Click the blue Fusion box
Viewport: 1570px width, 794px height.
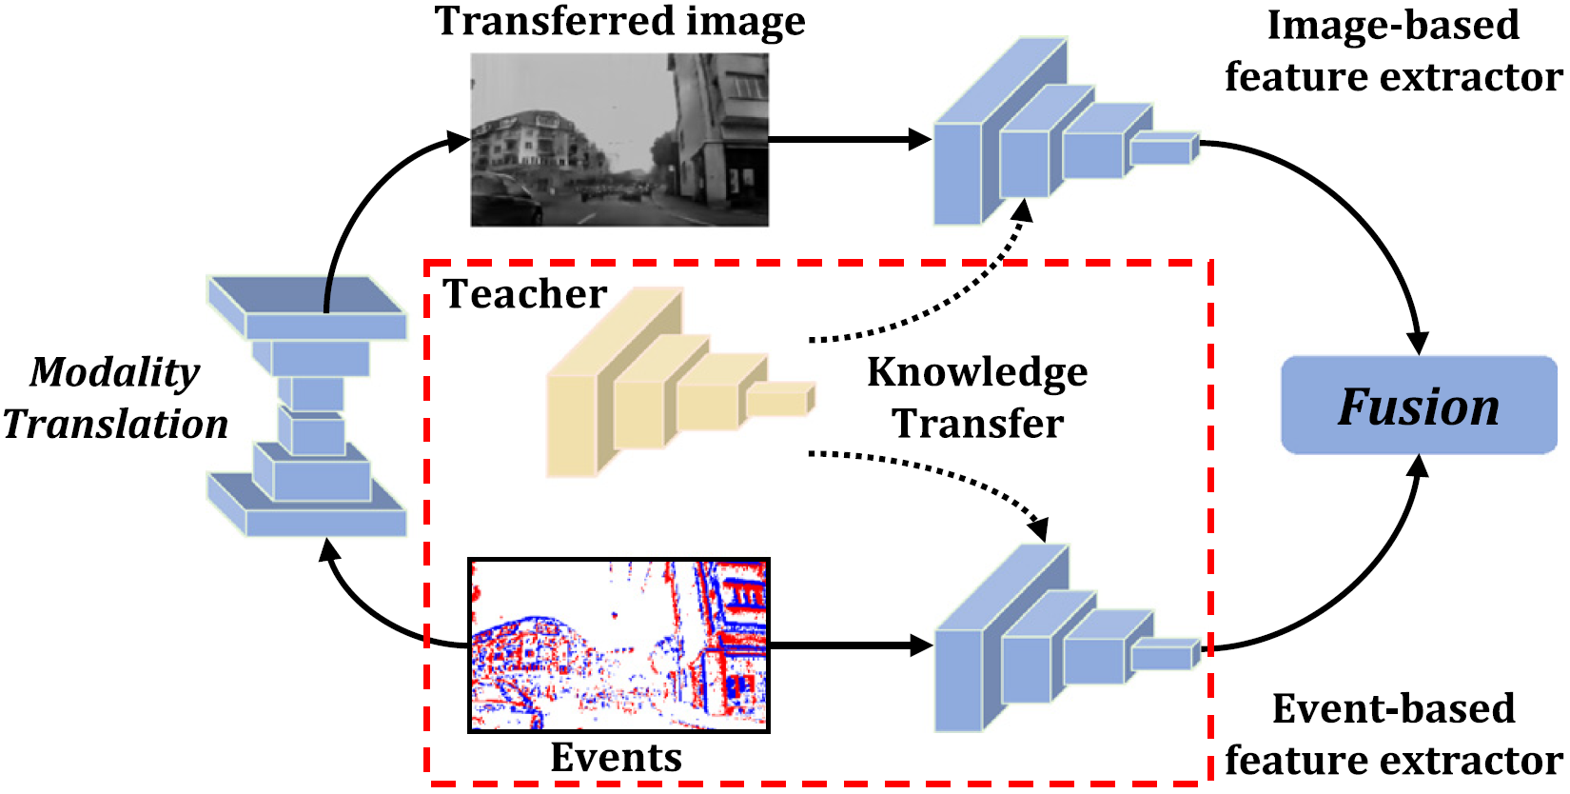coord(1418,406)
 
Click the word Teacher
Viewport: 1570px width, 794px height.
coord(525,294)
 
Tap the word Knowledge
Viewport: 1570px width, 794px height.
coord(977,372)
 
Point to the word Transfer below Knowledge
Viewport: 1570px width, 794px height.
coord(977,424)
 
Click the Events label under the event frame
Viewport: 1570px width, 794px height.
coord(617,758)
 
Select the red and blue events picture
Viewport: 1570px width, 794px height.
coord(618,645)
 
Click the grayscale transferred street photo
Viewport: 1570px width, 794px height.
coord(619,139)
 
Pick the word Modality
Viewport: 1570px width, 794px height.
coord(115,372)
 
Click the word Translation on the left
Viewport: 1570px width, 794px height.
coord(115,424)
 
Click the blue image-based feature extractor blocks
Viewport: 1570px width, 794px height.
coord(1047,138)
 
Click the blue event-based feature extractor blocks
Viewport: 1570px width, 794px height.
coord(1047,643)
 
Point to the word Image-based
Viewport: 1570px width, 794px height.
coord(1393,26)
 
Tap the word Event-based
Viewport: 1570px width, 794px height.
coord(1393,709)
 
